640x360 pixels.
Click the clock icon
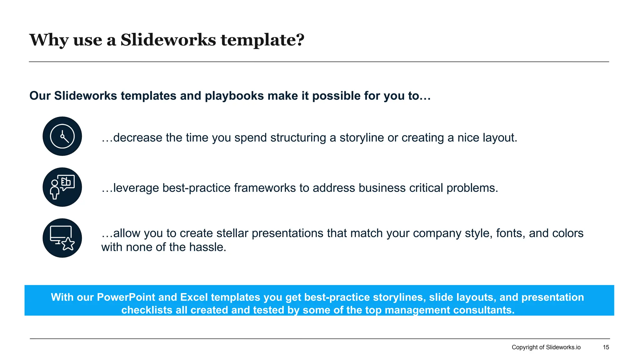(62, 136)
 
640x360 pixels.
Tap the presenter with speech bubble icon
(62, 187)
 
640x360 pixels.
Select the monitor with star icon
(62, 238)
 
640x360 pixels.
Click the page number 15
(606, 347)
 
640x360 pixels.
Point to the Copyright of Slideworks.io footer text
(546, 347)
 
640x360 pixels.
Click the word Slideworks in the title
(168, 40)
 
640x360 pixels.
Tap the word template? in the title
(262, 40)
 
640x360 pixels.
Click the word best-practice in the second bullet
(196, 188)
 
